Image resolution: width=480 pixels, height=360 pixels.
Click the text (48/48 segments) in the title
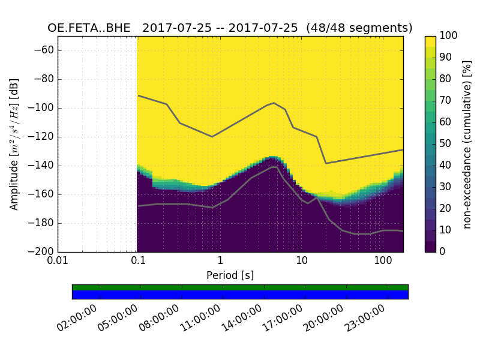click(x=359, y=28)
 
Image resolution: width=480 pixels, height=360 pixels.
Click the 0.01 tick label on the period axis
click(x=58, y=262)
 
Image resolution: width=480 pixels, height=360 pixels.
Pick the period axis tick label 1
click(x=220, y=262)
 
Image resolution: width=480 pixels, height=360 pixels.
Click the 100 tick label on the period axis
click(x=383, y=262)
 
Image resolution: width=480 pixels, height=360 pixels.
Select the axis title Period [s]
click(x=230, y=275)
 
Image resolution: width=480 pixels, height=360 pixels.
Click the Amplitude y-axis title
click(x=14, y=144)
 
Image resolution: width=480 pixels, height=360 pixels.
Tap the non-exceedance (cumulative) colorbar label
click(x=467, y=144)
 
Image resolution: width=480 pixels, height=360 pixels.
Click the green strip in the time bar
click(x=240, y=287)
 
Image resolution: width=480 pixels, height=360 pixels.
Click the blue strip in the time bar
click(x=240, y=295)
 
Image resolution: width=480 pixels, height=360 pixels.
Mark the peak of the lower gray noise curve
click(x=275, y=167)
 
